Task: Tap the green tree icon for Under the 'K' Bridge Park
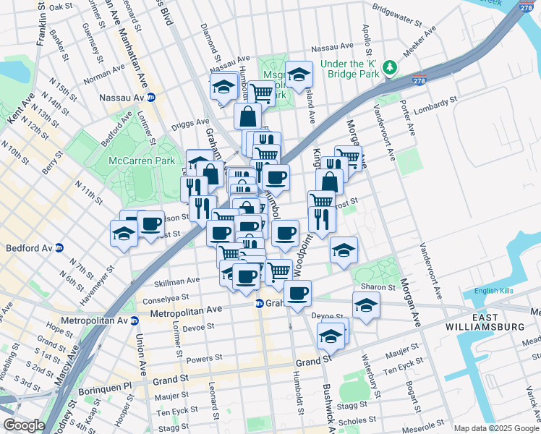(391, 67)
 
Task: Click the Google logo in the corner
(23, 425)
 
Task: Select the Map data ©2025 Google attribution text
(496, 428)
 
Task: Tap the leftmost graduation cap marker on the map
(124, 234)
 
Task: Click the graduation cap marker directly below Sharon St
(367, 306)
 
